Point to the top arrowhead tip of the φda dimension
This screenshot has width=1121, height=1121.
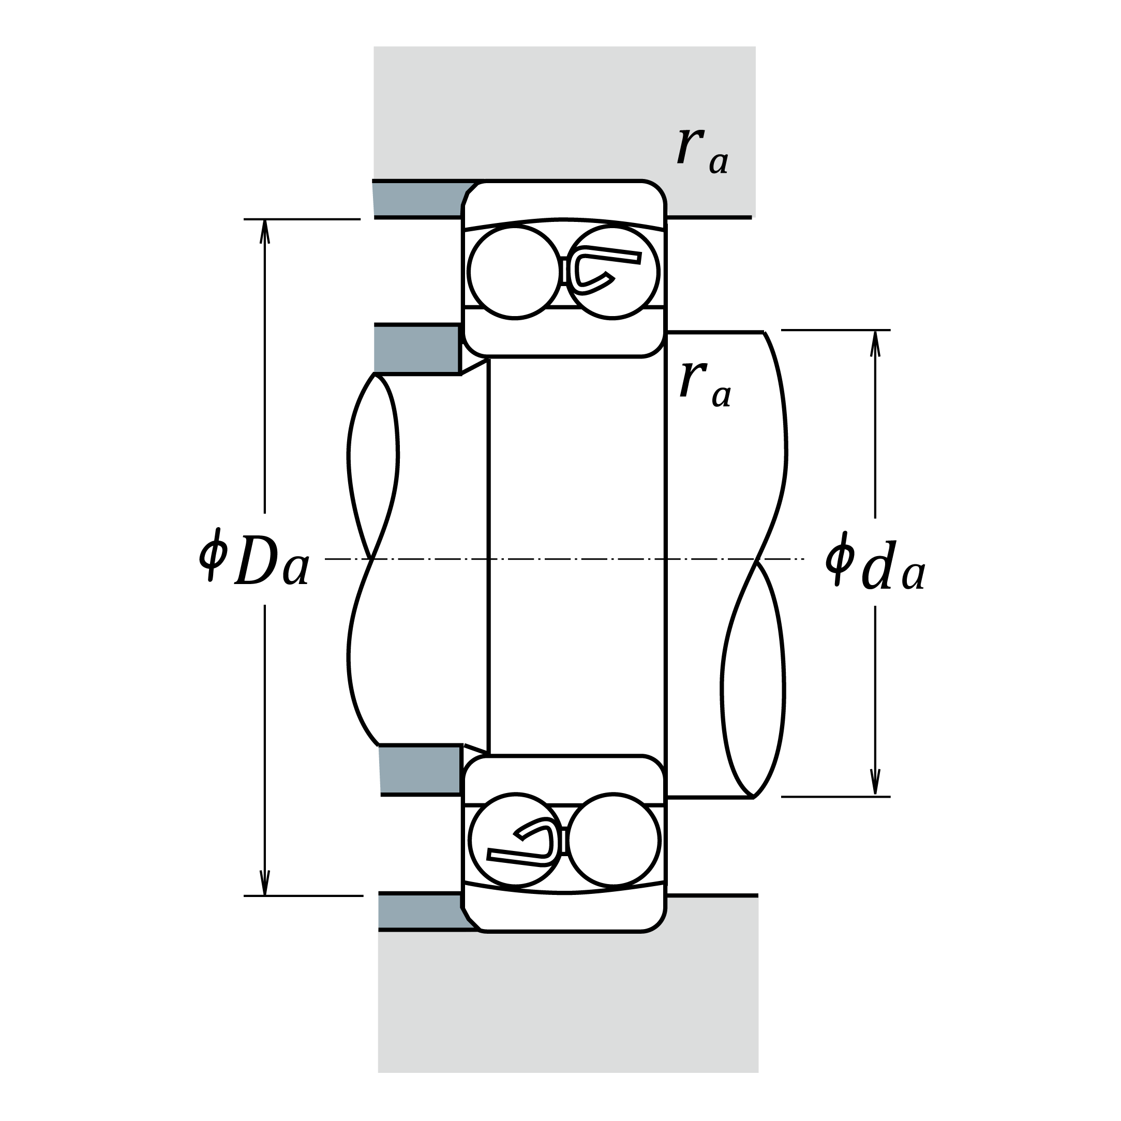[x=876, y=331]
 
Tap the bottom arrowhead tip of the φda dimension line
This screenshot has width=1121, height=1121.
[x=876, y=796]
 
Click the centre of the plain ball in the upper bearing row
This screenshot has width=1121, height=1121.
[x=515, y=272]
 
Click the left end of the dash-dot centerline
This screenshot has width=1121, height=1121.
[x=325, y=559]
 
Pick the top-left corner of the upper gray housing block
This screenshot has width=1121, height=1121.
[x=374, y=47]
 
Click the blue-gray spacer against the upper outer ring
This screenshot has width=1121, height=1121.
[x=420, y=199]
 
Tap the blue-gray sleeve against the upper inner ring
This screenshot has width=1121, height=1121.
[x=417, y=350]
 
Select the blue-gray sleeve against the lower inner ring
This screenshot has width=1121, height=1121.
[x=420, y=770]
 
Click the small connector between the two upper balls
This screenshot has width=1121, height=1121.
[x=563, y=271]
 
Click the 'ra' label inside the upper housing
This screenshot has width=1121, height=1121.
[x=702, y=151]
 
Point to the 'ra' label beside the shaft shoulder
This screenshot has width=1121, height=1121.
[x=706, y=383]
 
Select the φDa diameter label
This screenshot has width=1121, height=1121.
[x=254, y=557]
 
